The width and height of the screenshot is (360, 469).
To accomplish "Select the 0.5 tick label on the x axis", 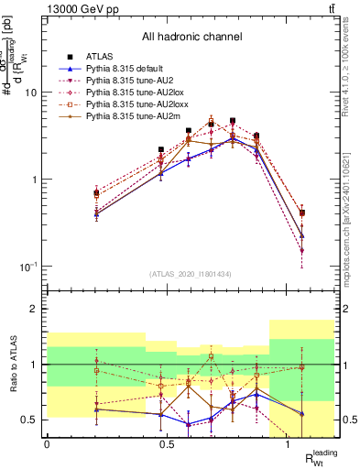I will pyautogui.click(x=167, y=443).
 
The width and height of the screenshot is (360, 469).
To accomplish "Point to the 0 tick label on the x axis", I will pyautogui.click(x=47, y=443).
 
